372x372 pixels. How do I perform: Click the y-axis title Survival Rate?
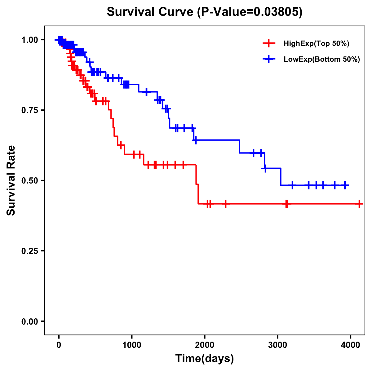pos(11,180)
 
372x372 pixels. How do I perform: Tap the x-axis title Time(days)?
pos(205,358)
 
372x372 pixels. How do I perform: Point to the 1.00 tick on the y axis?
pos(29,40)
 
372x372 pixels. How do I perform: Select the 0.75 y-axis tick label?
pos(29,110)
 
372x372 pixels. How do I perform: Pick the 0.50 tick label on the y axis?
pos(29,181)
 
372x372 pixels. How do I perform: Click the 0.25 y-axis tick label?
pos(29,251)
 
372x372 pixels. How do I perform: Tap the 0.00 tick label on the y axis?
pos(29,321)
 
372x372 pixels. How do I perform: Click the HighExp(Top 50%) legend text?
pos(317,44)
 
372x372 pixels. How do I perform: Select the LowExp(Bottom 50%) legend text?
pos(322,60)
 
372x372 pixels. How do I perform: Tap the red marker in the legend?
pos(269,43)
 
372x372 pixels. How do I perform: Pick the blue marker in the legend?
pos(269,59)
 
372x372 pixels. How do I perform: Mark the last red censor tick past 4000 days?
pos(359,204)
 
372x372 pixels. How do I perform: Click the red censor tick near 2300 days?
pos(225,204)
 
